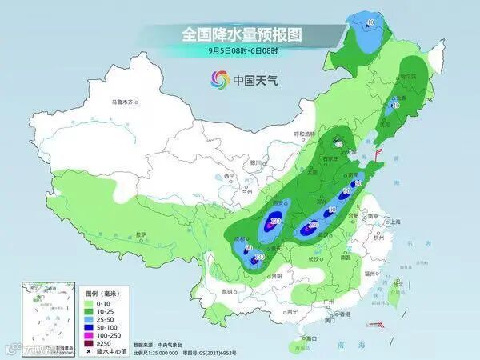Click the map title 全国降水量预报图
coord(241,34)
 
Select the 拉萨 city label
coord(142,234)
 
